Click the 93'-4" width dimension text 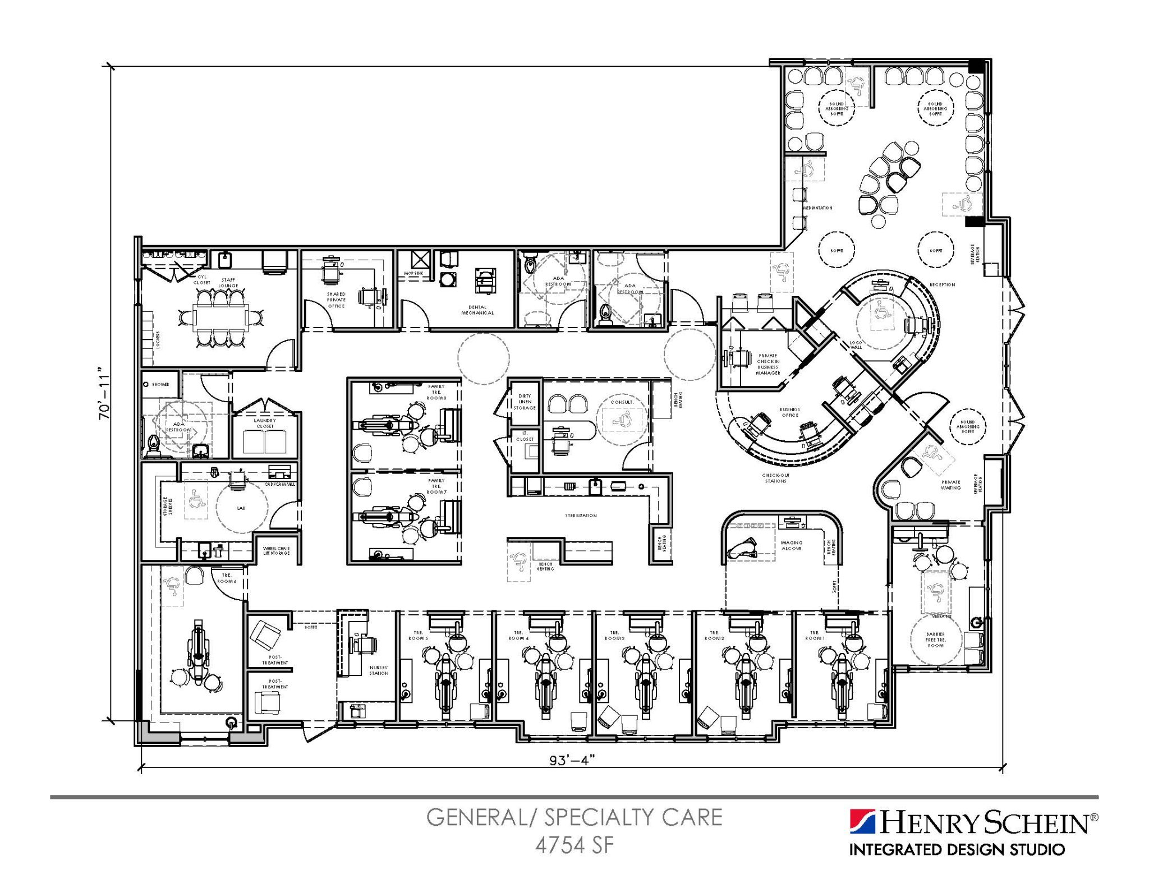point(571,760)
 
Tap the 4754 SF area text point(574,845)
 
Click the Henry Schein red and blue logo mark point(862,822)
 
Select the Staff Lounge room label point(228,282)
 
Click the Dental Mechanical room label point(477,310)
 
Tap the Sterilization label point(581,515)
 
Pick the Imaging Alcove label point(791,545)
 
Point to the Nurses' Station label point(379,670)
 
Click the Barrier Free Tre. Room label point(935,639)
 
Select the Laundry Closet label point(265,423)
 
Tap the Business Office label point(789,412)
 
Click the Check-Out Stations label point(775,478)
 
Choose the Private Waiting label point(950,485)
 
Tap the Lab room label point(241,508)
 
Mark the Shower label point(160,384)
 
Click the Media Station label point(817,208)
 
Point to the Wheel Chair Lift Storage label point(276,550)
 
